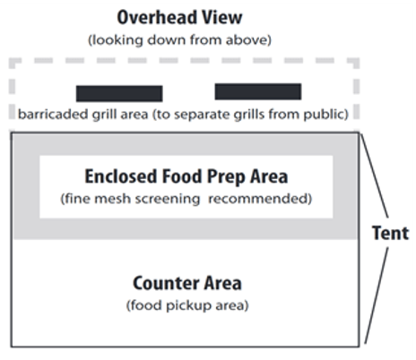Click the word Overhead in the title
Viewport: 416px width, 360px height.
(x=157, y=17)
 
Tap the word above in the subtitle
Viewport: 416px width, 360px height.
(x=248, y=40)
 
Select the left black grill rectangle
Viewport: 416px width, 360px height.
(x=119, y=94)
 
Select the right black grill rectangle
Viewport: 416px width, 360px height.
(x=258, y=91)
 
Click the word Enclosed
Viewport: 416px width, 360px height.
(x=121, y=176)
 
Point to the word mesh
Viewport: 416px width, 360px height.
(x=113, y=199)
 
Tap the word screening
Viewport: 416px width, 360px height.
(x=168, y=199)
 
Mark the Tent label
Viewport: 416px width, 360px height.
(x=390, y=233)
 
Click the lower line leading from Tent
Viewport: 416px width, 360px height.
(x=377, y=296)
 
